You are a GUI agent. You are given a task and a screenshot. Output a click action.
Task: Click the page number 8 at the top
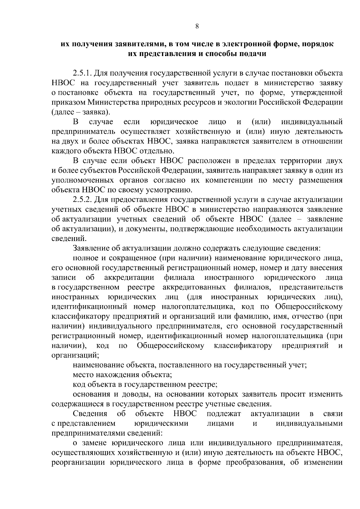[197, 26]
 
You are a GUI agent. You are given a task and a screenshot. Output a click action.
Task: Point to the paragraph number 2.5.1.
[82, 73]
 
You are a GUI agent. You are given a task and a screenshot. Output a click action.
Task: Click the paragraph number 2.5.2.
[82, 200]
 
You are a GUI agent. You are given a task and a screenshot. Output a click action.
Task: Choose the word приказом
[69, 103]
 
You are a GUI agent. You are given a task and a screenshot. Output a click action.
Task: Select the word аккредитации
[129, 278]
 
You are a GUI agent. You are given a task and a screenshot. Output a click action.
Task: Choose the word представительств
[311, 287]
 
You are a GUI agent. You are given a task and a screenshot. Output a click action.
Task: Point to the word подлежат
[223, 414]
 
